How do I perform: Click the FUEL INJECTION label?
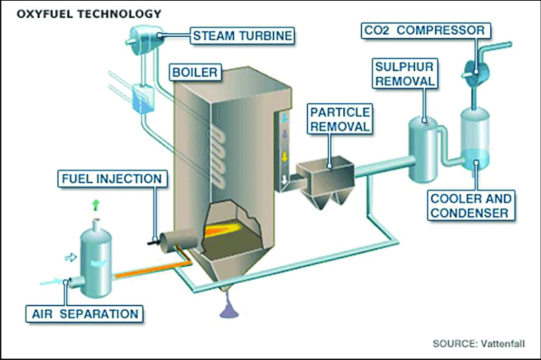pyautogui.click(x=112, y=179)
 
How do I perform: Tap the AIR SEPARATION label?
pyautogui.click(x=84, y=314)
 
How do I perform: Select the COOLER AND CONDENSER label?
pyautogui.click(x=470, y=205)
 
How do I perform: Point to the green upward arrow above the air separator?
pyautogui.click(x=95, y=207)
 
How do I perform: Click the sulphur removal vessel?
pyautogui.click(x=422, y=145)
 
